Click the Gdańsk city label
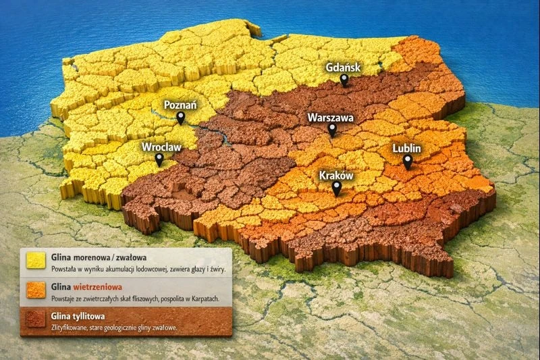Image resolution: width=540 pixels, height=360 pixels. [x=344, y=68]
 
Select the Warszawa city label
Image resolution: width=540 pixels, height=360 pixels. [x=331, y=117]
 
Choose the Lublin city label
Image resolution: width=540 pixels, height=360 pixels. [x=407, y=148]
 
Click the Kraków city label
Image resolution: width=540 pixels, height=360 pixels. [x=336, y=174]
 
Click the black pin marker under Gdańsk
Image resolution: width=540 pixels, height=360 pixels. [x=344, y=80]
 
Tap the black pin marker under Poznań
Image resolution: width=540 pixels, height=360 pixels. [x=180, y=118]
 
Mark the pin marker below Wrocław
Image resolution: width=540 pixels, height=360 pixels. [x=159, y=159]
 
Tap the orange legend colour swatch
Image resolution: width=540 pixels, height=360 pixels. [x=35, y=291]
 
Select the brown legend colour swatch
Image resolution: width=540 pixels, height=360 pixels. [x=35, y=320]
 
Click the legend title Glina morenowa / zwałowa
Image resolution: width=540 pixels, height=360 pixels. [x=99, y=257]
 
